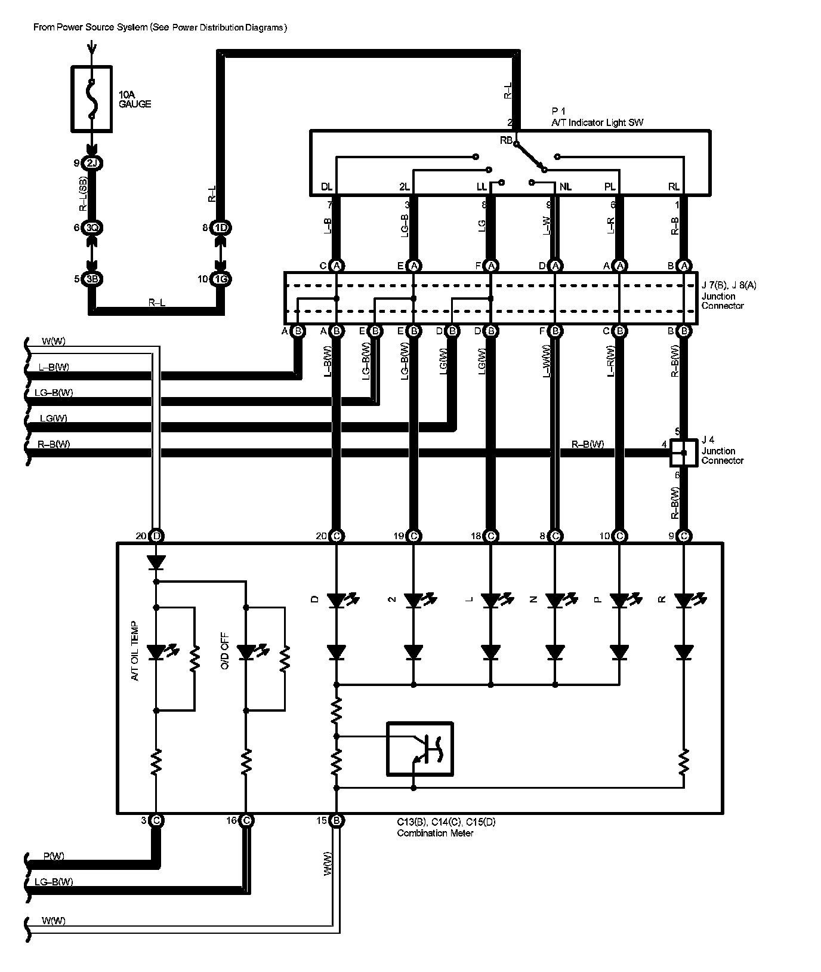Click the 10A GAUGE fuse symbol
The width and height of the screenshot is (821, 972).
point(91,99)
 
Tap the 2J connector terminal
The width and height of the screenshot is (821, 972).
point(91,163)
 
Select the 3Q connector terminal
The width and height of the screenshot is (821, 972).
point(91,228)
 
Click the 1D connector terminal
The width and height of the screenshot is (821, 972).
point(220,228)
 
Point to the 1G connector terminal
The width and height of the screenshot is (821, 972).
point(220,279)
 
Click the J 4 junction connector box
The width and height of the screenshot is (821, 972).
point(684,453)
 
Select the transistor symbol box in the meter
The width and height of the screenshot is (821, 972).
point(419,749)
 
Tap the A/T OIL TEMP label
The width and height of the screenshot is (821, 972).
point(135,651)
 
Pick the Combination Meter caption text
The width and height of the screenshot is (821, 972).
point(435,833)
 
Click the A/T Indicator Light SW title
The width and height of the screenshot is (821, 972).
point(597,122)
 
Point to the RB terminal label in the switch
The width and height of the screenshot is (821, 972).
point(506,140)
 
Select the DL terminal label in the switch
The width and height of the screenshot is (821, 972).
point(326,187)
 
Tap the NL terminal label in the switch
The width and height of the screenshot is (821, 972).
point(565,187)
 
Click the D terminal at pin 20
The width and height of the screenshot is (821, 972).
point(156,536)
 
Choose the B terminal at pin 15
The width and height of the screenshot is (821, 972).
point(337,821)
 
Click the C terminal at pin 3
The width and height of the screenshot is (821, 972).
point(156,821)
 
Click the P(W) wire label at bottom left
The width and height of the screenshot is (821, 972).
point(54,856)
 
